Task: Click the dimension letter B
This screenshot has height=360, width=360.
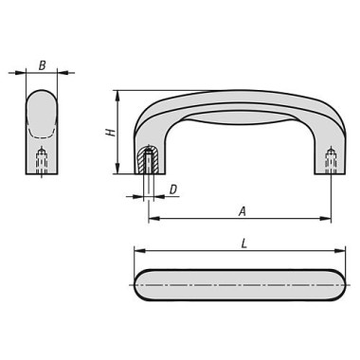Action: [x=42, y=65]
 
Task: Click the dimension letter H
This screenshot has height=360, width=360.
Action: [x=111, y=131]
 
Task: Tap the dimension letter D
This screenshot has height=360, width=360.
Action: [x=172, y=190]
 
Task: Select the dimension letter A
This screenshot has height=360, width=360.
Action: [x=243, y=211]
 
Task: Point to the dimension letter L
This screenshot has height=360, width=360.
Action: [x=243, y=243]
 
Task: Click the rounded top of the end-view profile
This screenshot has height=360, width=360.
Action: [x=42, y=94]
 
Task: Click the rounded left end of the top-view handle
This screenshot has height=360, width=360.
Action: [x=140, y=285]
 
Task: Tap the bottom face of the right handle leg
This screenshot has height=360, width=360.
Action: [x=331, y=173]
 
